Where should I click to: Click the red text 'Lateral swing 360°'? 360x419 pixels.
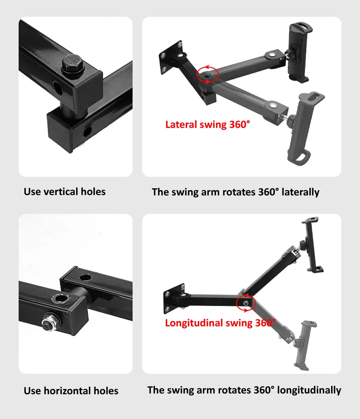pyautogui.click(x=207, y=125)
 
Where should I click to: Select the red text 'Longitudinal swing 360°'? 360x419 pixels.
pyautogui.click(x=220, y=323)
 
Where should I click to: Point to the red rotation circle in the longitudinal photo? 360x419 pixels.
pyautogui.click(x=237, y=303)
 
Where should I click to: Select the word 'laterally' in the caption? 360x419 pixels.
pyautogui.click(x=300, y=192)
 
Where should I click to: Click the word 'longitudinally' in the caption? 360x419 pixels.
pyautogui.click(x=309, y=390)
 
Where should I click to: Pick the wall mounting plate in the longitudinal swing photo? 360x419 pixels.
pyautogui.click(x=174, y=298)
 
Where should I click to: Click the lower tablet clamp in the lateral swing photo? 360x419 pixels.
pyautogui.click(x=306, y=128)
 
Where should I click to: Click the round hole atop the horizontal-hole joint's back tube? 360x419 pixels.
pyautogui.click(x=85, y=277)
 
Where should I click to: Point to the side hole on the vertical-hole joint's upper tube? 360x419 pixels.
pyautogui.click(x=57, y=88)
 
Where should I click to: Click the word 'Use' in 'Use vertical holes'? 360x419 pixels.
pyautogui.click(x=32, y=192)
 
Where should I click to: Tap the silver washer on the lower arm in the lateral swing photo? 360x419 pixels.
pyautogui.click(x=273, y=105)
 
